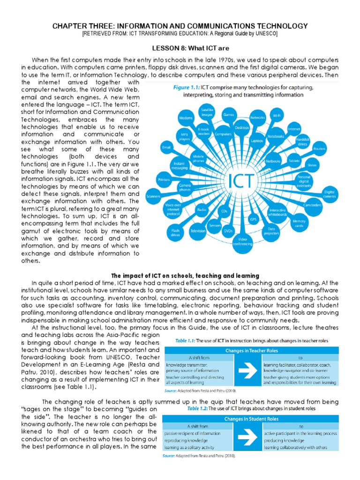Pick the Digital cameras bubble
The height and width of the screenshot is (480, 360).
pyautogui.click(x=330, y=194)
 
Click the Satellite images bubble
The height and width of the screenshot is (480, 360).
pyautogui.click(x=207, y=111)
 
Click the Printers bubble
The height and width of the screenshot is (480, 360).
pyautogui.click(x=164, y=179)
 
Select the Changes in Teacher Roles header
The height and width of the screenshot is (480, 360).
pyautogui.click(x=250, y=351)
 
